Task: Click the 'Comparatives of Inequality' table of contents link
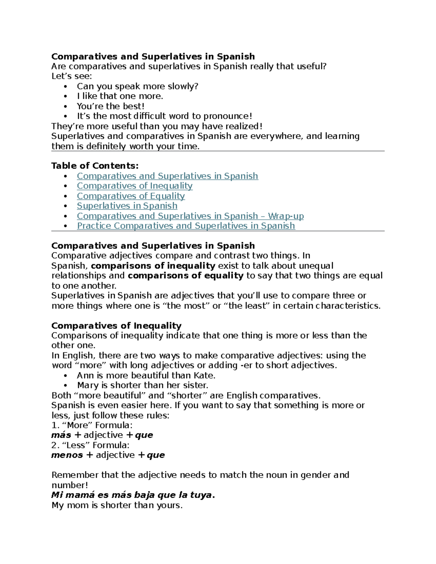click(134, 186)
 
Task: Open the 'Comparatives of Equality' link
click(131, 196)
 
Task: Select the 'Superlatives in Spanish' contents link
click(127, 206)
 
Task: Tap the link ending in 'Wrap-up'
click(190, 216)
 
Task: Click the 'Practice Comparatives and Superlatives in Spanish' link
click(186, 226)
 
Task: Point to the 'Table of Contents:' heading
click(95, 166)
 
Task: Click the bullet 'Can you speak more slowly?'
click(137, 86)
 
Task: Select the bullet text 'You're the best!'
click(110, 106)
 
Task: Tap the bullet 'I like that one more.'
click(120, 96)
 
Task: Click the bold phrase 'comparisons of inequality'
click(153, 266)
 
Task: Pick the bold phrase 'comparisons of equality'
click(185, 276)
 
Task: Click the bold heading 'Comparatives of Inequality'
click(116, 326)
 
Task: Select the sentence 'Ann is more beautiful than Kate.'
click(146, 376)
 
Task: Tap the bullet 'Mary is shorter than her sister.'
click(142, 385)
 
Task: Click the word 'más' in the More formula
click(61, 435)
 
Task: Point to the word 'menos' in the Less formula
click(67, 455)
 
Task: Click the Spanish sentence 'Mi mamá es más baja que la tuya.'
click(133, 495)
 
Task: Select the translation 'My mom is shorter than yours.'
click(117, 505)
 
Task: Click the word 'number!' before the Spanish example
click(70, 485)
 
